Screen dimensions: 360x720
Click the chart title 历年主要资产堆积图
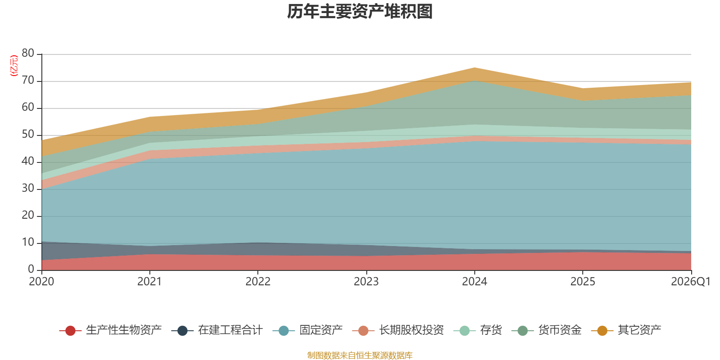360,12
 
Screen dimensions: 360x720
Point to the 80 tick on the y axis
28,54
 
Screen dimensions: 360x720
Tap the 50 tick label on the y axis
28,135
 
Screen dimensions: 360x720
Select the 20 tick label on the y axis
28,216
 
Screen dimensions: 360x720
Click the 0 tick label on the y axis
31,269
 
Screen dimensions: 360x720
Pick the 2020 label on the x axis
41,282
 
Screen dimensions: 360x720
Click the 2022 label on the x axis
258,282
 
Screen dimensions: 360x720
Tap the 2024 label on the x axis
474,282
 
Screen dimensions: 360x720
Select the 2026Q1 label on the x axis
690,282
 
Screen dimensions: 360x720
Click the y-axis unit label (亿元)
14,66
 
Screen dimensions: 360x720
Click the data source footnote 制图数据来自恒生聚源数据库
360,355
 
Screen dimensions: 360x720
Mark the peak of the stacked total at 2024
474,67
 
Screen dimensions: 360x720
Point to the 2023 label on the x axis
366,282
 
